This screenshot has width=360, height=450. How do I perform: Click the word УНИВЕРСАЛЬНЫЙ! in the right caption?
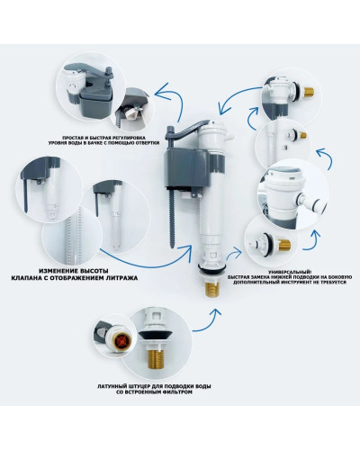click(290, 272)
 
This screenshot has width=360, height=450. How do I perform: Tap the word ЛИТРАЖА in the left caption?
click(121, 278)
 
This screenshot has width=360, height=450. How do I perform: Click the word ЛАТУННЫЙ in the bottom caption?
click(111, 386)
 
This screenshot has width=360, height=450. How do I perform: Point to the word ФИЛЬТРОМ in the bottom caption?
click(178, 391)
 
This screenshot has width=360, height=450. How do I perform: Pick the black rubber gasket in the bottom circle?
click(157, 336)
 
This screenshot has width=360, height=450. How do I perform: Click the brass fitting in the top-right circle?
click(309, 92)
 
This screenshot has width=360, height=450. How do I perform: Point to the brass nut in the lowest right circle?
click(284, 246)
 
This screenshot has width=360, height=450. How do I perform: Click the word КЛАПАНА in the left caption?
click(25, 278)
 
